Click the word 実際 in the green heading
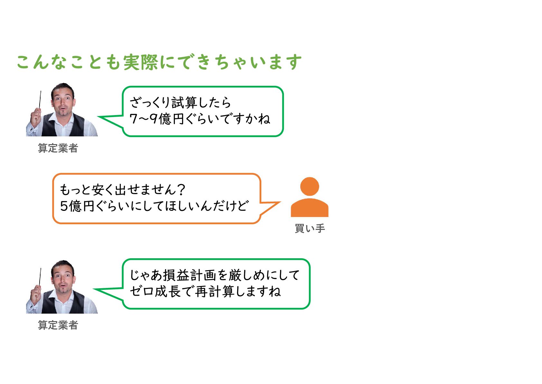(x=141, y=62)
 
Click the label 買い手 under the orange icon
(x=310, y=229)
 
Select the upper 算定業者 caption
(x=58, y=148)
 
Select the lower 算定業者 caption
(x=58, y=325)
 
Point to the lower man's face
(x=63, y=278)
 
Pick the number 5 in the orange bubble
(x=64, y=206)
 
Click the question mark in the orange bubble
(x=181, y=190)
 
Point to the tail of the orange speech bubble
(x=270, y=207)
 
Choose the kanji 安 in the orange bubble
(x=97, y=190)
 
